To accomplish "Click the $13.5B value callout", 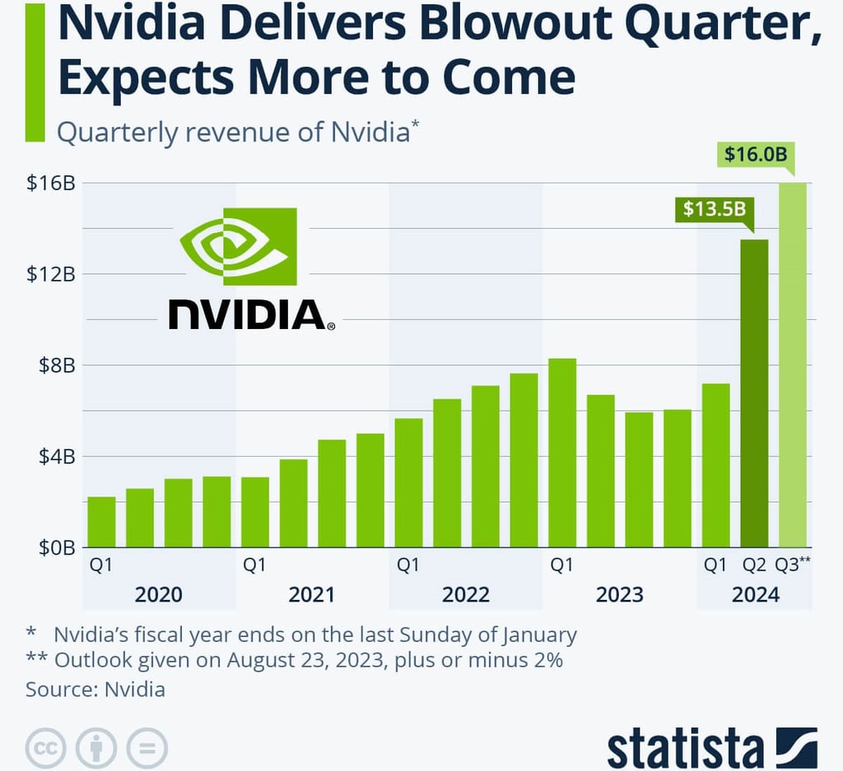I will click(714, 208).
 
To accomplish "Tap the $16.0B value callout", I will click(756, 154).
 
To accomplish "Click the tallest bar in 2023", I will click(562, 453).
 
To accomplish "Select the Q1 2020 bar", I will click(101, 522).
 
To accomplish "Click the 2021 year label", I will click(311, 594).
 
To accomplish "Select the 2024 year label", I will click(755, 594).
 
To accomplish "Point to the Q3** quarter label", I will click(794, 565).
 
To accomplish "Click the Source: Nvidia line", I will click(95, 689).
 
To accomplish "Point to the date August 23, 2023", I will click(319, 661).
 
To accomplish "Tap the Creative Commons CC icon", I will click(46, 748).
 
